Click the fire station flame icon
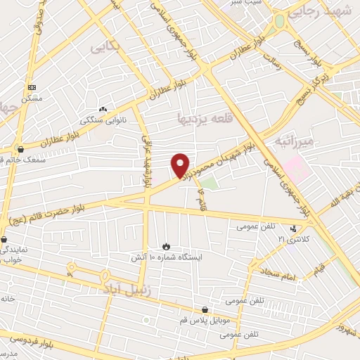(167, 246)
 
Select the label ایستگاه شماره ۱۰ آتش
(167, 258)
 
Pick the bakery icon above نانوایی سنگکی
(103, 109)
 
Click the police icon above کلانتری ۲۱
(294, 229)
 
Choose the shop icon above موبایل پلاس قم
(205, 309)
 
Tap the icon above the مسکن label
(32, 87)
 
